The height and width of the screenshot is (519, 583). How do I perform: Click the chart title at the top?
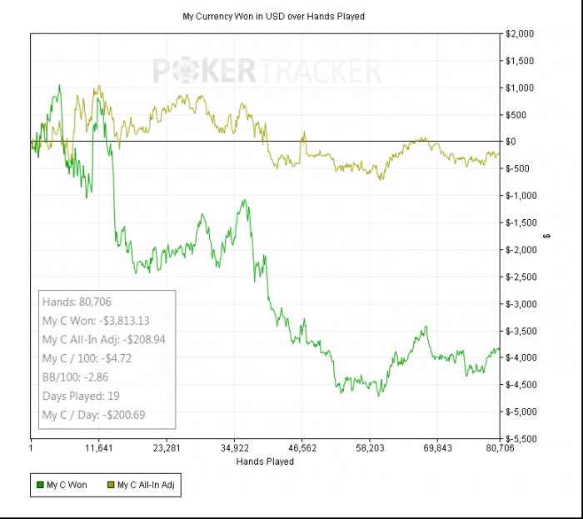pyautogui.click(x=273, y=16)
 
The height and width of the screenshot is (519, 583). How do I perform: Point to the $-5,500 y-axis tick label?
pyautogui.click(x=525, y=439)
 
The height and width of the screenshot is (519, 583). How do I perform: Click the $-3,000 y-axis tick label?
pyautogui.click(x=525, y=304)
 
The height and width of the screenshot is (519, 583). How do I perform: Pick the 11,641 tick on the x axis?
pyautogui.click(x=98, y=448)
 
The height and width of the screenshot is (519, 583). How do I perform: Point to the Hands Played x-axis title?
pyautogui.click(x=265, y=461)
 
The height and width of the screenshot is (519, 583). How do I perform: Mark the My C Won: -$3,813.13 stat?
pyautogui.click(x=96, y=321)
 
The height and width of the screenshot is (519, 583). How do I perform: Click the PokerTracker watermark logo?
pyautogui.click(x=267, y=71)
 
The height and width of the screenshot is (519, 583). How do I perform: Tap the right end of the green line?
pyautogui.click(x=499, y=348)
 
